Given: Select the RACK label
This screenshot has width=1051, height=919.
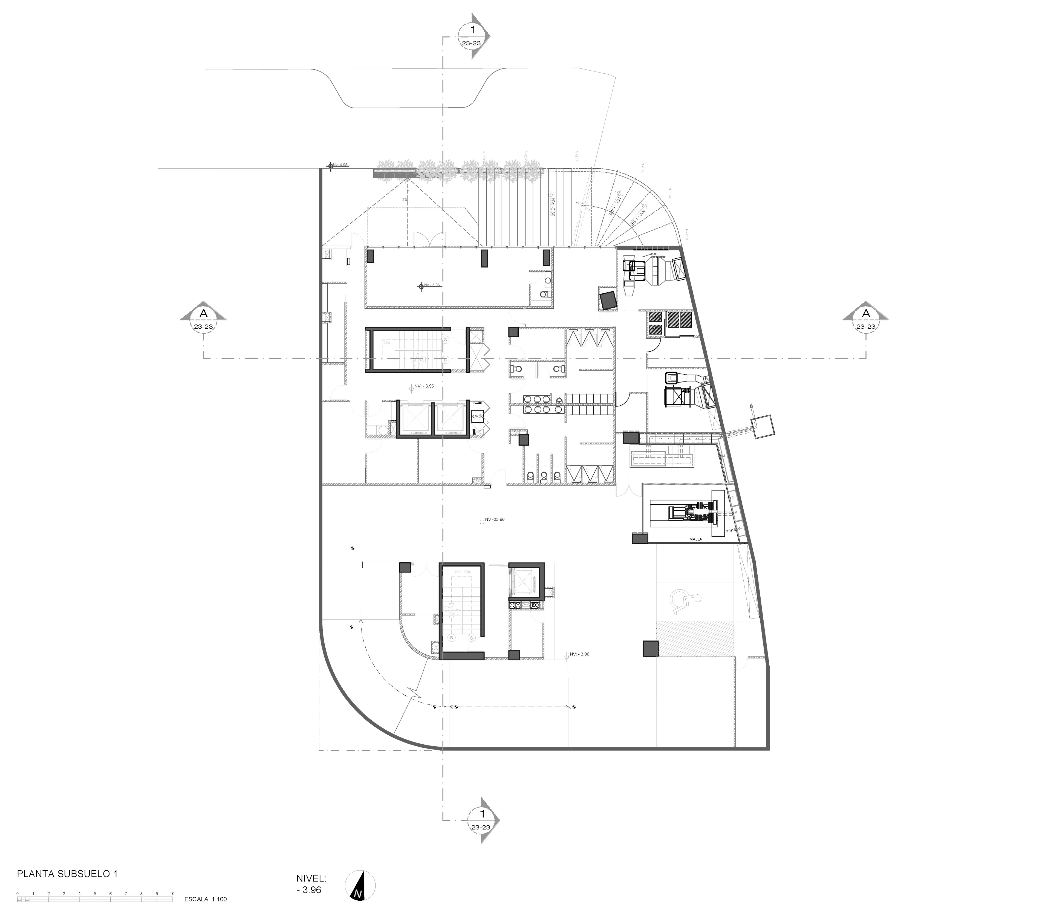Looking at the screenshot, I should click(477, 417).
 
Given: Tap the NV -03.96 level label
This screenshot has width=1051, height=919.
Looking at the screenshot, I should click(495, 519).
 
